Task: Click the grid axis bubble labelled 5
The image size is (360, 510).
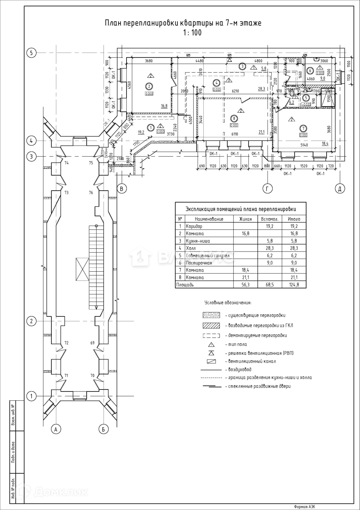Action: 31,53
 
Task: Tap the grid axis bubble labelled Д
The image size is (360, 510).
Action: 340,189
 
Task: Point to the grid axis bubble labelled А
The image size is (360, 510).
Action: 56,429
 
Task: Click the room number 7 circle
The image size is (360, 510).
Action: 303,128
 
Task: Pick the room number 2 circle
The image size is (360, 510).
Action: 148,86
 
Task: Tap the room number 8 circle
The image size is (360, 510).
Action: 234,119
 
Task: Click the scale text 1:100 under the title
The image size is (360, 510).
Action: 192,33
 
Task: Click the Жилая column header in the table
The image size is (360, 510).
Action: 245,219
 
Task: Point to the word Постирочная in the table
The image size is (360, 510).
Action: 199,263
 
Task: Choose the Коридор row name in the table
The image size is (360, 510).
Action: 194,226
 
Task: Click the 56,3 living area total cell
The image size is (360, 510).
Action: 245,285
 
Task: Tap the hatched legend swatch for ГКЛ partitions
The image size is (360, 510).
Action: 211,325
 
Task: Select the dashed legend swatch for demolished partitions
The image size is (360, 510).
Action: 211,335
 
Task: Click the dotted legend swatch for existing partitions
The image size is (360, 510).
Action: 211,315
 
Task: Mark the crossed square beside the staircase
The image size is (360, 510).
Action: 83,269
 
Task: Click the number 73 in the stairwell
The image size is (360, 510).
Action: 67,193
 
